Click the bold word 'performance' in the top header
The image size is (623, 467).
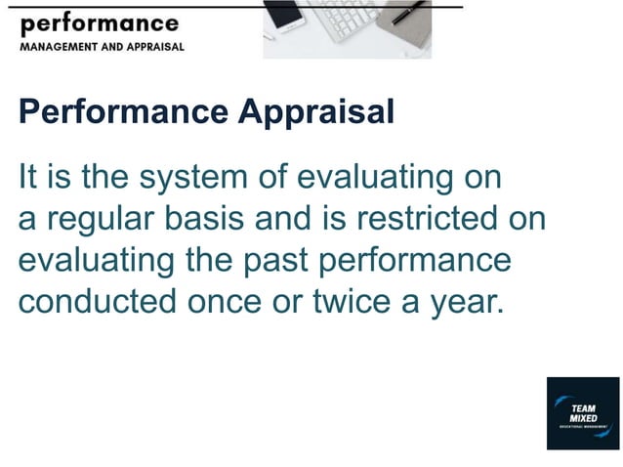[99, 23]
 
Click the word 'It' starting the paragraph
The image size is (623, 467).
[28, 178]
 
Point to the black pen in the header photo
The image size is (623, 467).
[409, 13]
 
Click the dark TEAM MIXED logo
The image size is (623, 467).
[583, 413]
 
